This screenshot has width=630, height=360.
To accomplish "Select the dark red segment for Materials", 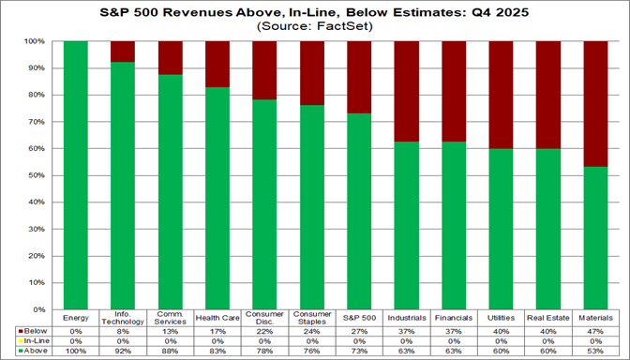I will click(596, 104).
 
